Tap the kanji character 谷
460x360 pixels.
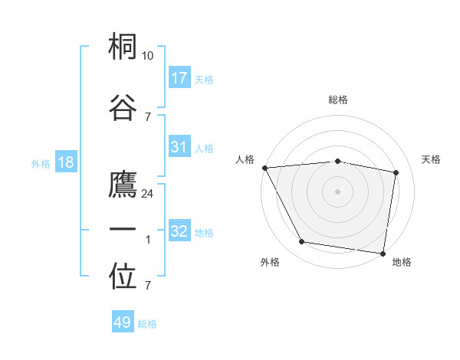click(x=123, y=106)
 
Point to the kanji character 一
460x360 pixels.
click(x=123, y=229)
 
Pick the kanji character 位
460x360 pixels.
click(x=123, y=277)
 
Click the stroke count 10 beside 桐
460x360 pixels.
click(x=148, y=56)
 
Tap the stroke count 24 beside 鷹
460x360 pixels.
click(x=148, y=194)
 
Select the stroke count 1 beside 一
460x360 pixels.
click(x=148, y=240)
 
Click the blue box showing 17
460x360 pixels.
click(x=179, y=78)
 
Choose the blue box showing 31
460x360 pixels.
click(x=179, y=147)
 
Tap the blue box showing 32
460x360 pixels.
click(x=179, y=231)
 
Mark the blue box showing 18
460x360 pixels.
click(x=66, y=162)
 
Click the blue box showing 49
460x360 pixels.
click(x=123, y=322)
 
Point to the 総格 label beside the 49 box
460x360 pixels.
click(x=148, y=324)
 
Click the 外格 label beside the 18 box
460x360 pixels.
click(x=41, y=163)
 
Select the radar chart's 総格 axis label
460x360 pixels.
click(x=338, y=100)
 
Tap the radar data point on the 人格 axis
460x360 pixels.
click(x=264, y=168)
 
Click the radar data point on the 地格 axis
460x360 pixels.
click(x=383, y=253)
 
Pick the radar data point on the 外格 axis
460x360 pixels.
click(x=302, y=243)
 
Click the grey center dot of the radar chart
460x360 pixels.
click(x=338, y=191)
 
